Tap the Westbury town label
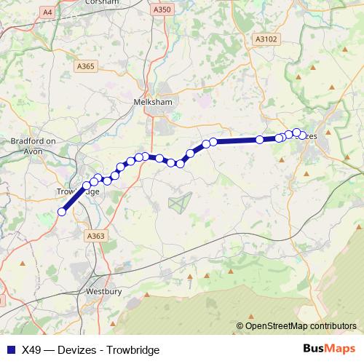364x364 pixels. pos(101,291)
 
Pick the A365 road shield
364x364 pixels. pos(87,66)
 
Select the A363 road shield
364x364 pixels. pos(95,236)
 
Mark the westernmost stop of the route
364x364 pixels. pos(62,212)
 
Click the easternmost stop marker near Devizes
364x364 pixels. pos(303,135)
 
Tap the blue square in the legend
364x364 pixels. pos(10,349)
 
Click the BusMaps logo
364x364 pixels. pos(328,349)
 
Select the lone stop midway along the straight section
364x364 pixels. pos(260,140)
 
